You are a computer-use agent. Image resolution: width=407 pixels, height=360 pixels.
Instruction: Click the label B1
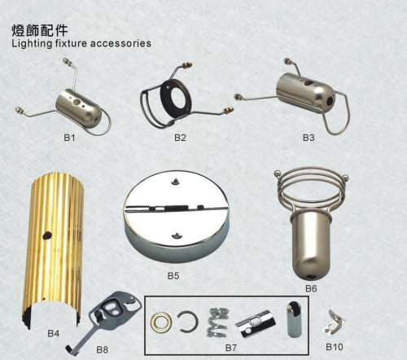[69, 138]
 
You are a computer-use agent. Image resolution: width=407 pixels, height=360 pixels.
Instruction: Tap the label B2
[180, 138]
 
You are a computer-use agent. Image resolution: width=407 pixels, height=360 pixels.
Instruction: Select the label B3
[309, 138]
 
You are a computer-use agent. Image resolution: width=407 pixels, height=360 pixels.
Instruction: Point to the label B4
[53, 333]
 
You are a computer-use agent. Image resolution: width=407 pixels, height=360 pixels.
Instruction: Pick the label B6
[311, 288]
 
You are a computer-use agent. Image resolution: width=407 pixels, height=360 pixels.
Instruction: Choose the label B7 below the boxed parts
[231, 348]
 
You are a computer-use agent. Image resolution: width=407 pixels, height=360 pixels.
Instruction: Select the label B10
[334, 347]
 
